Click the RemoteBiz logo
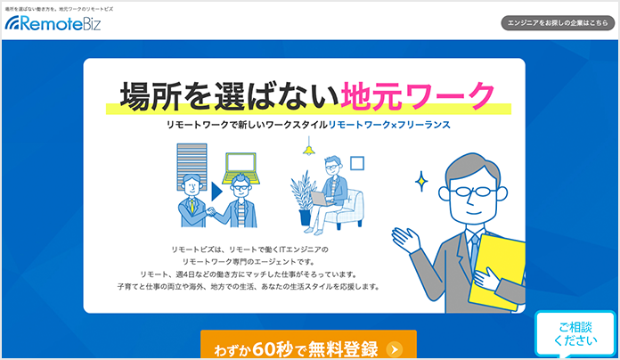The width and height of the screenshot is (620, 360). pos(53,23)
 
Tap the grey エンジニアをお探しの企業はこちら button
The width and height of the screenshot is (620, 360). pos(558,23)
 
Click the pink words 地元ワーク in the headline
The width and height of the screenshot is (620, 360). pos(418,95)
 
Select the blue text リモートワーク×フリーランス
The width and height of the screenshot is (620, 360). pos(389,125)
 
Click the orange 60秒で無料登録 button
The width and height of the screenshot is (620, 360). pos(308,345)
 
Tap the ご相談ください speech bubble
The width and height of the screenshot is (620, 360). pos(575,333)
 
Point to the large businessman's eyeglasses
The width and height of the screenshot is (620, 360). pos(472,192)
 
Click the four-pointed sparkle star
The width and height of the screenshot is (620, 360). pos(421,182)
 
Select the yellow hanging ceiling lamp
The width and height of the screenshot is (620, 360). pos(308,149)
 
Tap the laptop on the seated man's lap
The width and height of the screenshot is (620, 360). pos(321,199)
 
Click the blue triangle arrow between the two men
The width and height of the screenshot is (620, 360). pos(216,192)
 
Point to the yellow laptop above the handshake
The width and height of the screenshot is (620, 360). pos(241,168)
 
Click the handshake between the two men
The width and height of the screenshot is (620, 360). pos(211,212)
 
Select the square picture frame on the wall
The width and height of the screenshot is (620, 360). pos(357,163)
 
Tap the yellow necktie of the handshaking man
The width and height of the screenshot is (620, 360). pos(192,206)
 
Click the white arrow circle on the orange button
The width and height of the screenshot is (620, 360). pos(395,349)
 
